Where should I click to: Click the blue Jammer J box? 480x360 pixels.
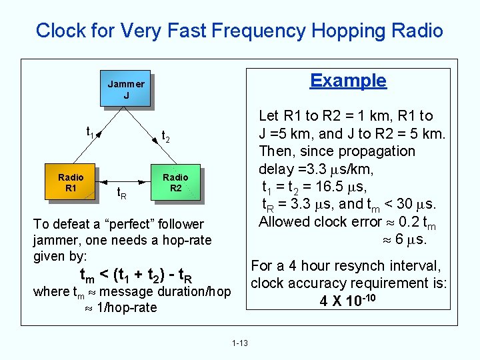[x=126, y=89]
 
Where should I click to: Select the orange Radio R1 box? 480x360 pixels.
[x=71, y=182]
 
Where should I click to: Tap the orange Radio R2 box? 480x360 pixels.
[x=175, y=182]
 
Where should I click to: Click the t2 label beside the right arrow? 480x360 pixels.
[x=166, y=136]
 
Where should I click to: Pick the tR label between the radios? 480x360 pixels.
[x=123, y=194]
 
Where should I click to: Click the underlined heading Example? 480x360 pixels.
[x=348, y=81]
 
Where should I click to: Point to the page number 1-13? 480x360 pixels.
[x=240, y=343]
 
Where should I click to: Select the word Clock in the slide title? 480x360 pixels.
[x=59, y=31]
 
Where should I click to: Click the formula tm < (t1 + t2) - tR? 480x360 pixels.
[x=137, y=275]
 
